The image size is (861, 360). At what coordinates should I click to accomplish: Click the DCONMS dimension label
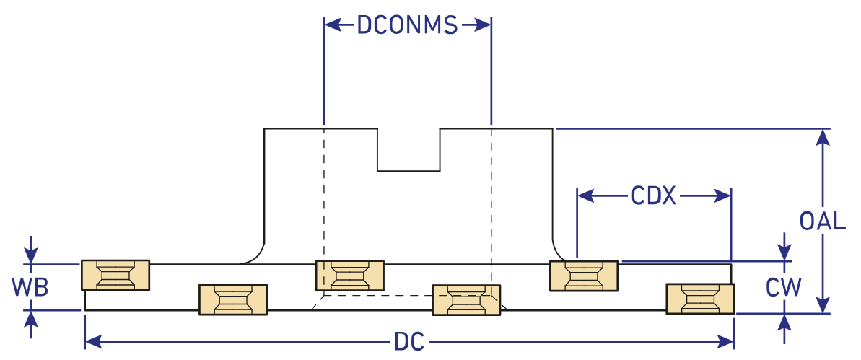(408, 25)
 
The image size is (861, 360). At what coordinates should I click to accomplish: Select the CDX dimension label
(653, 196)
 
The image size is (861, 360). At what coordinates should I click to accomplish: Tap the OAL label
(823, 221)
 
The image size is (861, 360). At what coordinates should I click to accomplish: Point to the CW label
(784, 288)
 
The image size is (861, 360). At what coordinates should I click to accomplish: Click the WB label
(30, 287)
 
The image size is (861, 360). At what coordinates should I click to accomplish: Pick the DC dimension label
(408, 341)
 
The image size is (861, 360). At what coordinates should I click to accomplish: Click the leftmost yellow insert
(115, 275)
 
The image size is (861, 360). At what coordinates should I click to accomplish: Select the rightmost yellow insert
(700, 299)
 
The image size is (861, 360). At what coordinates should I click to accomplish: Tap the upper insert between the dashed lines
(350, 276)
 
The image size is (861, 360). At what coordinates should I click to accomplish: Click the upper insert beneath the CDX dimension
(584, 276)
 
